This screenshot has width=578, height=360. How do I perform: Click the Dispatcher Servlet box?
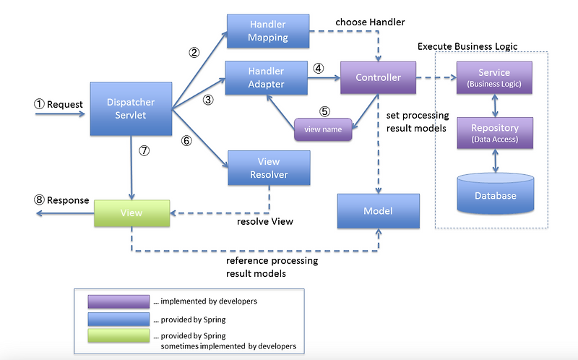131,108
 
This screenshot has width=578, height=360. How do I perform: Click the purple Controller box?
379,78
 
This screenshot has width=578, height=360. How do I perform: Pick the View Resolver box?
269,168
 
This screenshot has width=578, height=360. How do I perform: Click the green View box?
131,213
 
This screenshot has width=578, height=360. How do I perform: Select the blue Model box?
378,211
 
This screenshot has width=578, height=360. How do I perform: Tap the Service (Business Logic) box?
494,78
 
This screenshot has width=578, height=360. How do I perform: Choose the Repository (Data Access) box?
494,132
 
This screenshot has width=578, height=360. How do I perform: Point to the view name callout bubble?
323,130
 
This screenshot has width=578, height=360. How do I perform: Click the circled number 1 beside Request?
40,104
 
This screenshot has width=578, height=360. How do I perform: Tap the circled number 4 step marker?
318,69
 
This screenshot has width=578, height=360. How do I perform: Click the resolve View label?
265,221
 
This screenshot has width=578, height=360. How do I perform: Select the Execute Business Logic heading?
467,46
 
